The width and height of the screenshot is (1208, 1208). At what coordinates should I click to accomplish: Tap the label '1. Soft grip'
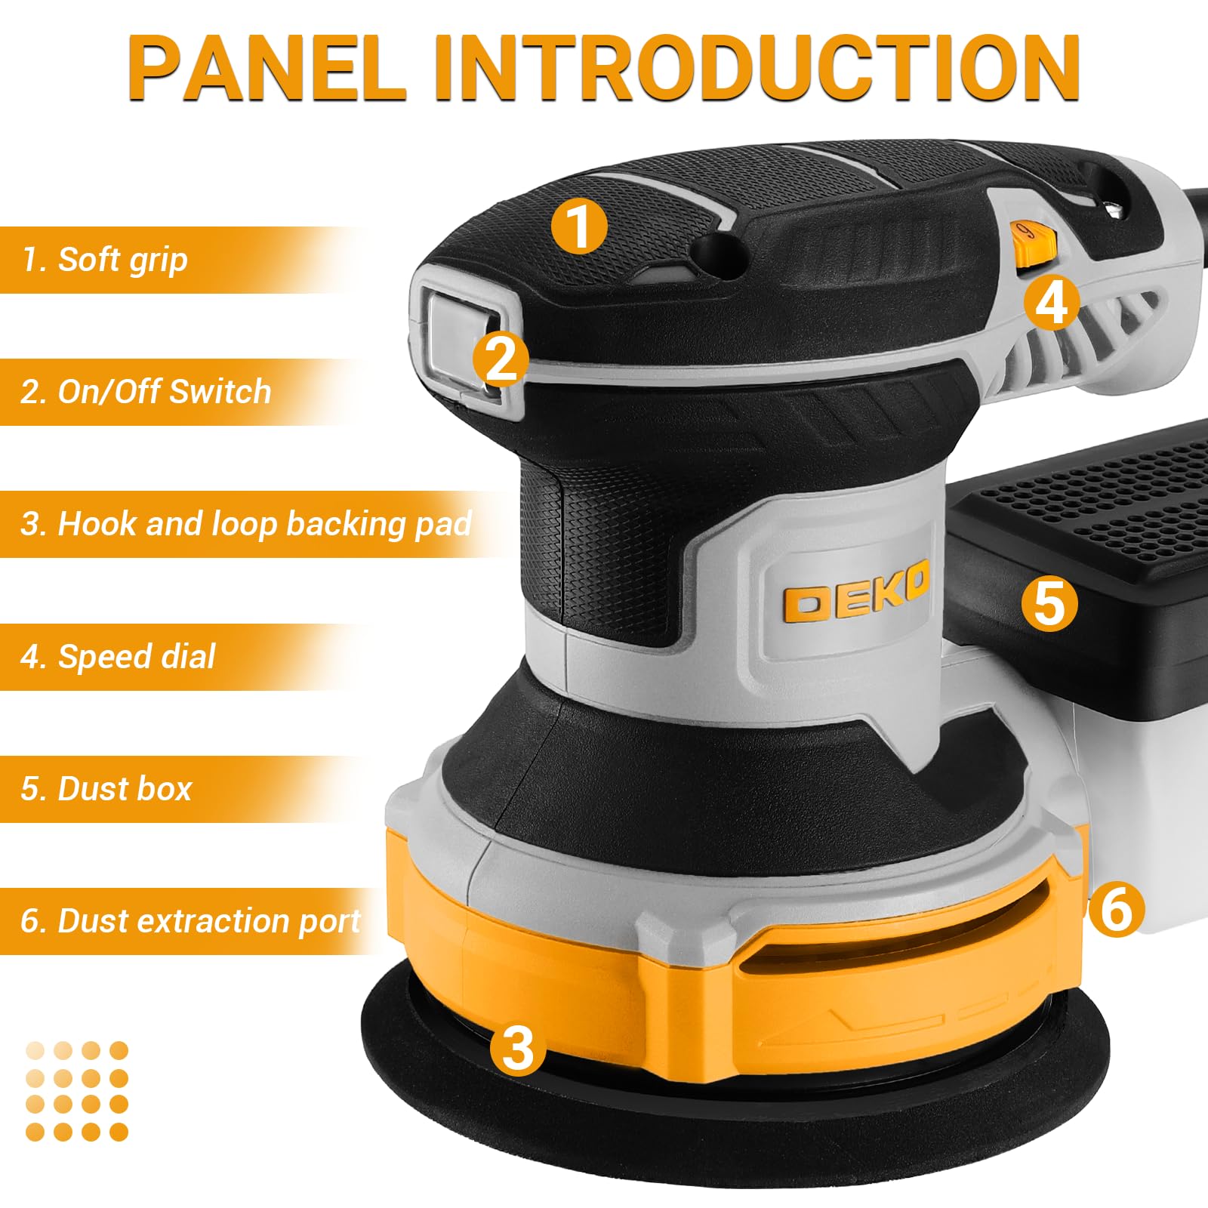(105, 260)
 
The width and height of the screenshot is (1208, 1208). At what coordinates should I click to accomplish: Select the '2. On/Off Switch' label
(146, 392)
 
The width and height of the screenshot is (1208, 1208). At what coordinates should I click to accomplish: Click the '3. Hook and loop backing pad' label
(246, 524)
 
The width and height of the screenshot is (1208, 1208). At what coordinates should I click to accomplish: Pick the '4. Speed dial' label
(119, 657)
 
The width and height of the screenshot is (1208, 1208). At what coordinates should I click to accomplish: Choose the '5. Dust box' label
(106, 789)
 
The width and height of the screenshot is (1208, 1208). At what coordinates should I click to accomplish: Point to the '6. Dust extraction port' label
(191, 921)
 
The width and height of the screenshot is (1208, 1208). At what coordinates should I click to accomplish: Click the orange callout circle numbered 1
(579, 226)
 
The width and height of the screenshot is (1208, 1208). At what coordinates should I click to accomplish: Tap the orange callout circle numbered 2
(501, 359)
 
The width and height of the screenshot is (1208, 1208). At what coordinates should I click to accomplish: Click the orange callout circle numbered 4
(1052, 303)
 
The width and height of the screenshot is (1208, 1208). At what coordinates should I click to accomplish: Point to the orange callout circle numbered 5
(1049, 604)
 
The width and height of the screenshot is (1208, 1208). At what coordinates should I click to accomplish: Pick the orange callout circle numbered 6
(1117, 909)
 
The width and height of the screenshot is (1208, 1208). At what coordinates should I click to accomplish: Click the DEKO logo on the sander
(855, 599)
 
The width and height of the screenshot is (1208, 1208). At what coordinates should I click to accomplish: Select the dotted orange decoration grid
(77, 1091)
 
